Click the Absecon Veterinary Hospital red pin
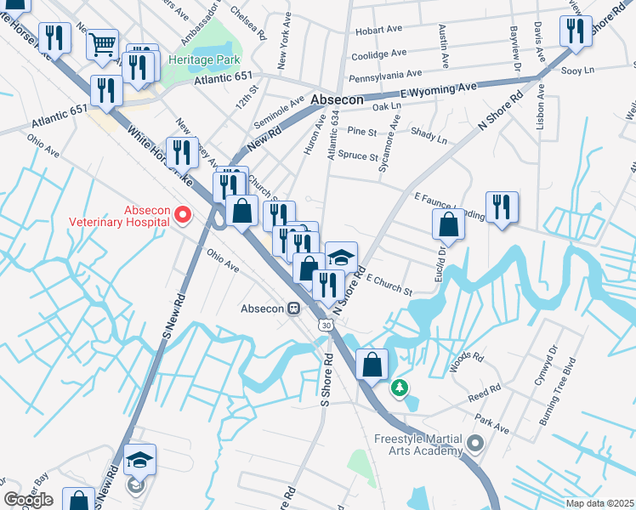pos(181,216)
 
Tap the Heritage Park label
pos(204,60)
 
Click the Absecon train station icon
pos(293,308)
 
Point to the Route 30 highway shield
pos(326,325)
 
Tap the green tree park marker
pos(398,388)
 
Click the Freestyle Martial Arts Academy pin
pos(474,442)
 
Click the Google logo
pos(28,500)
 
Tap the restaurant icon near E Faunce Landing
pos(502,206)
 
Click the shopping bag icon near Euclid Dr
pos(448,224)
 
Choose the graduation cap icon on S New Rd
pos(139,459)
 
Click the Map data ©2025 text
pos(599,503)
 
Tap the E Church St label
pos(389,285)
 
